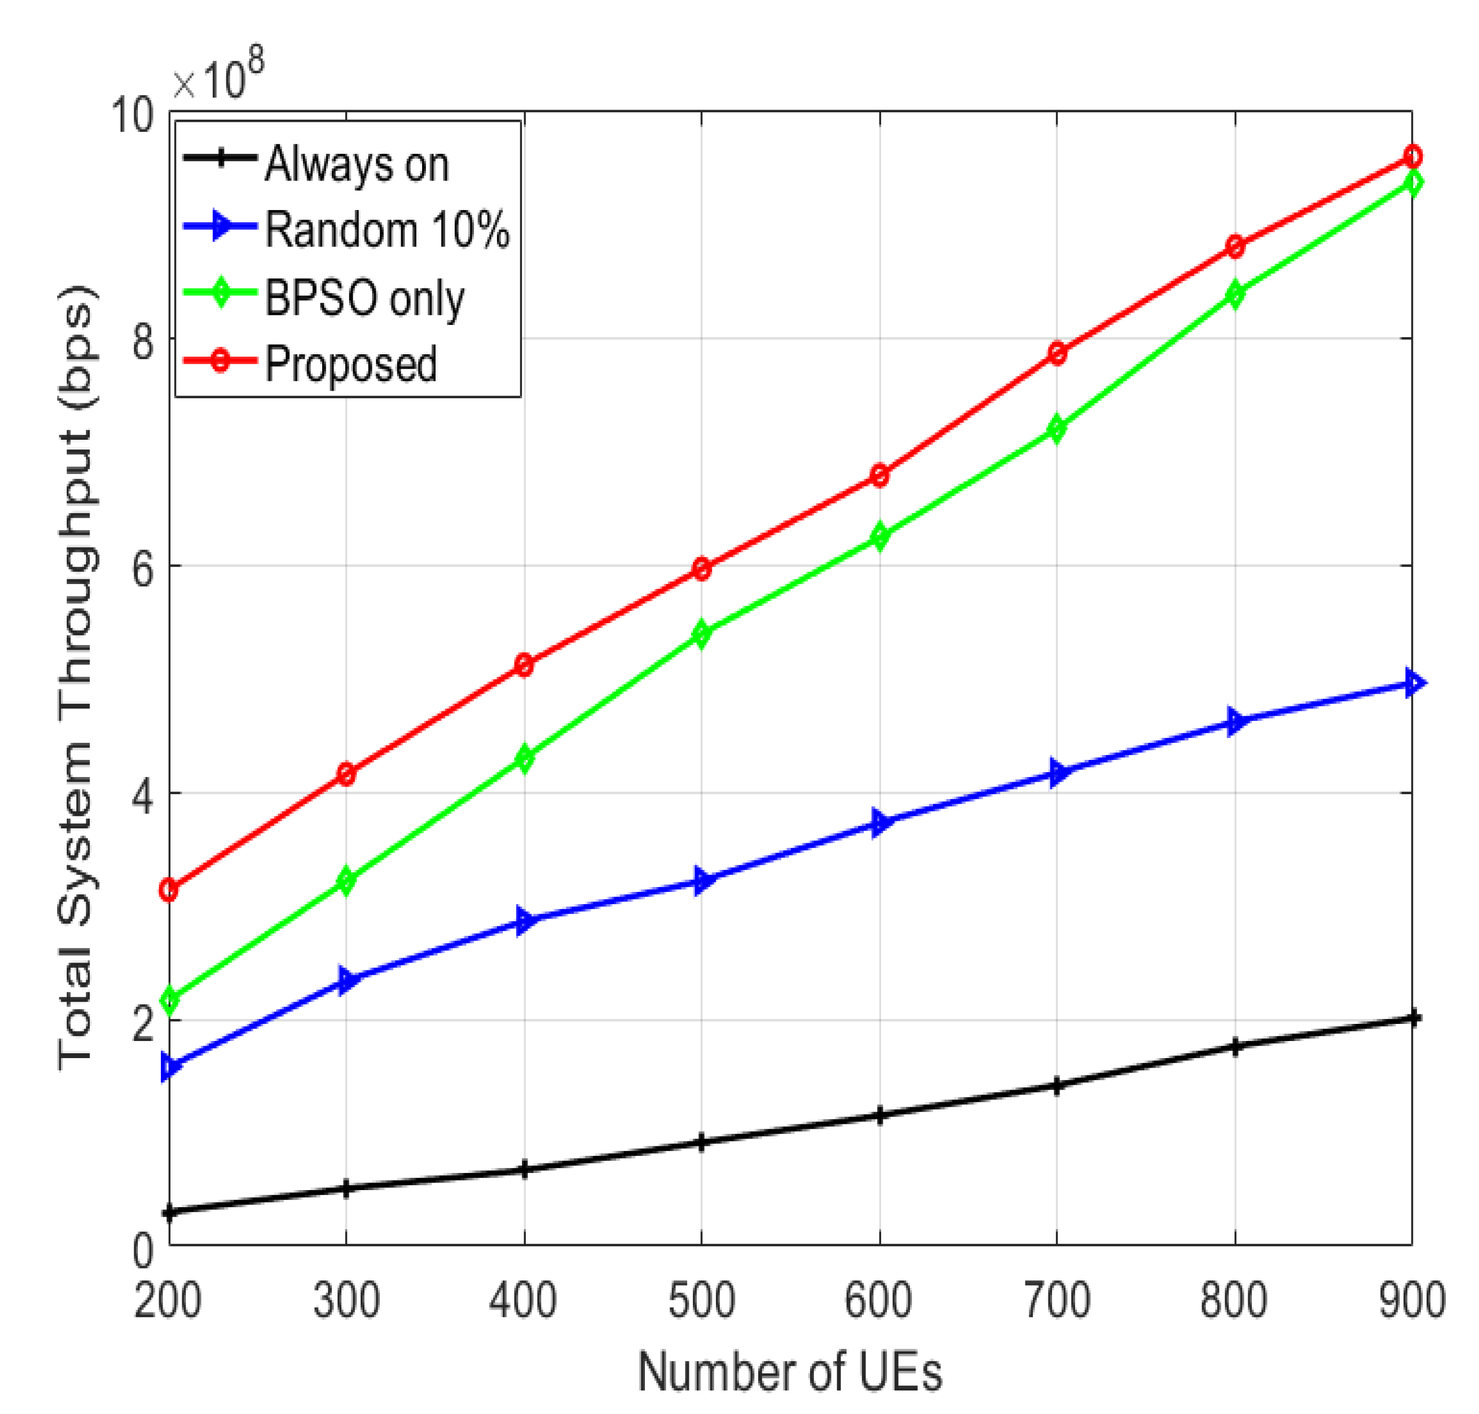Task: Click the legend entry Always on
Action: point(356,164)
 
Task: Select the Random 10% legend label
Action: point(386,229)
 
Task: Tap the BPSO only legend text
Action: point(364,298)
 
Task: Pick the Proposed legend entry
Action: point(351,363)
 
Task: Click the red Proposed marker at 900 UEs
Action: point(1413,157)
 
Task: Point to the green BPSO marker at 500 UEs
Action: point(702,634)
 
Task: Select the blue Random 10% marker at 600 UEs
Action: point(879,822)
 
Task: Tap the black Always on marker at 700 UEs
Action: point(1057,1086)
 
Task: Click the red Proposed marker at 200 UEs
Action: point(169,890)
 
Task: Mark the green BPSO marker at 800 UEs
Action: point(1235,294)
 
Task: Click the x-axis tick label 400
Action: point(523,1300)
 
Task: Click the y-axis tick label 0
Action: point(143,1252)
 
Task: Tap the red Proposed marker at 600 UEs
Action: point(879,476)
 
